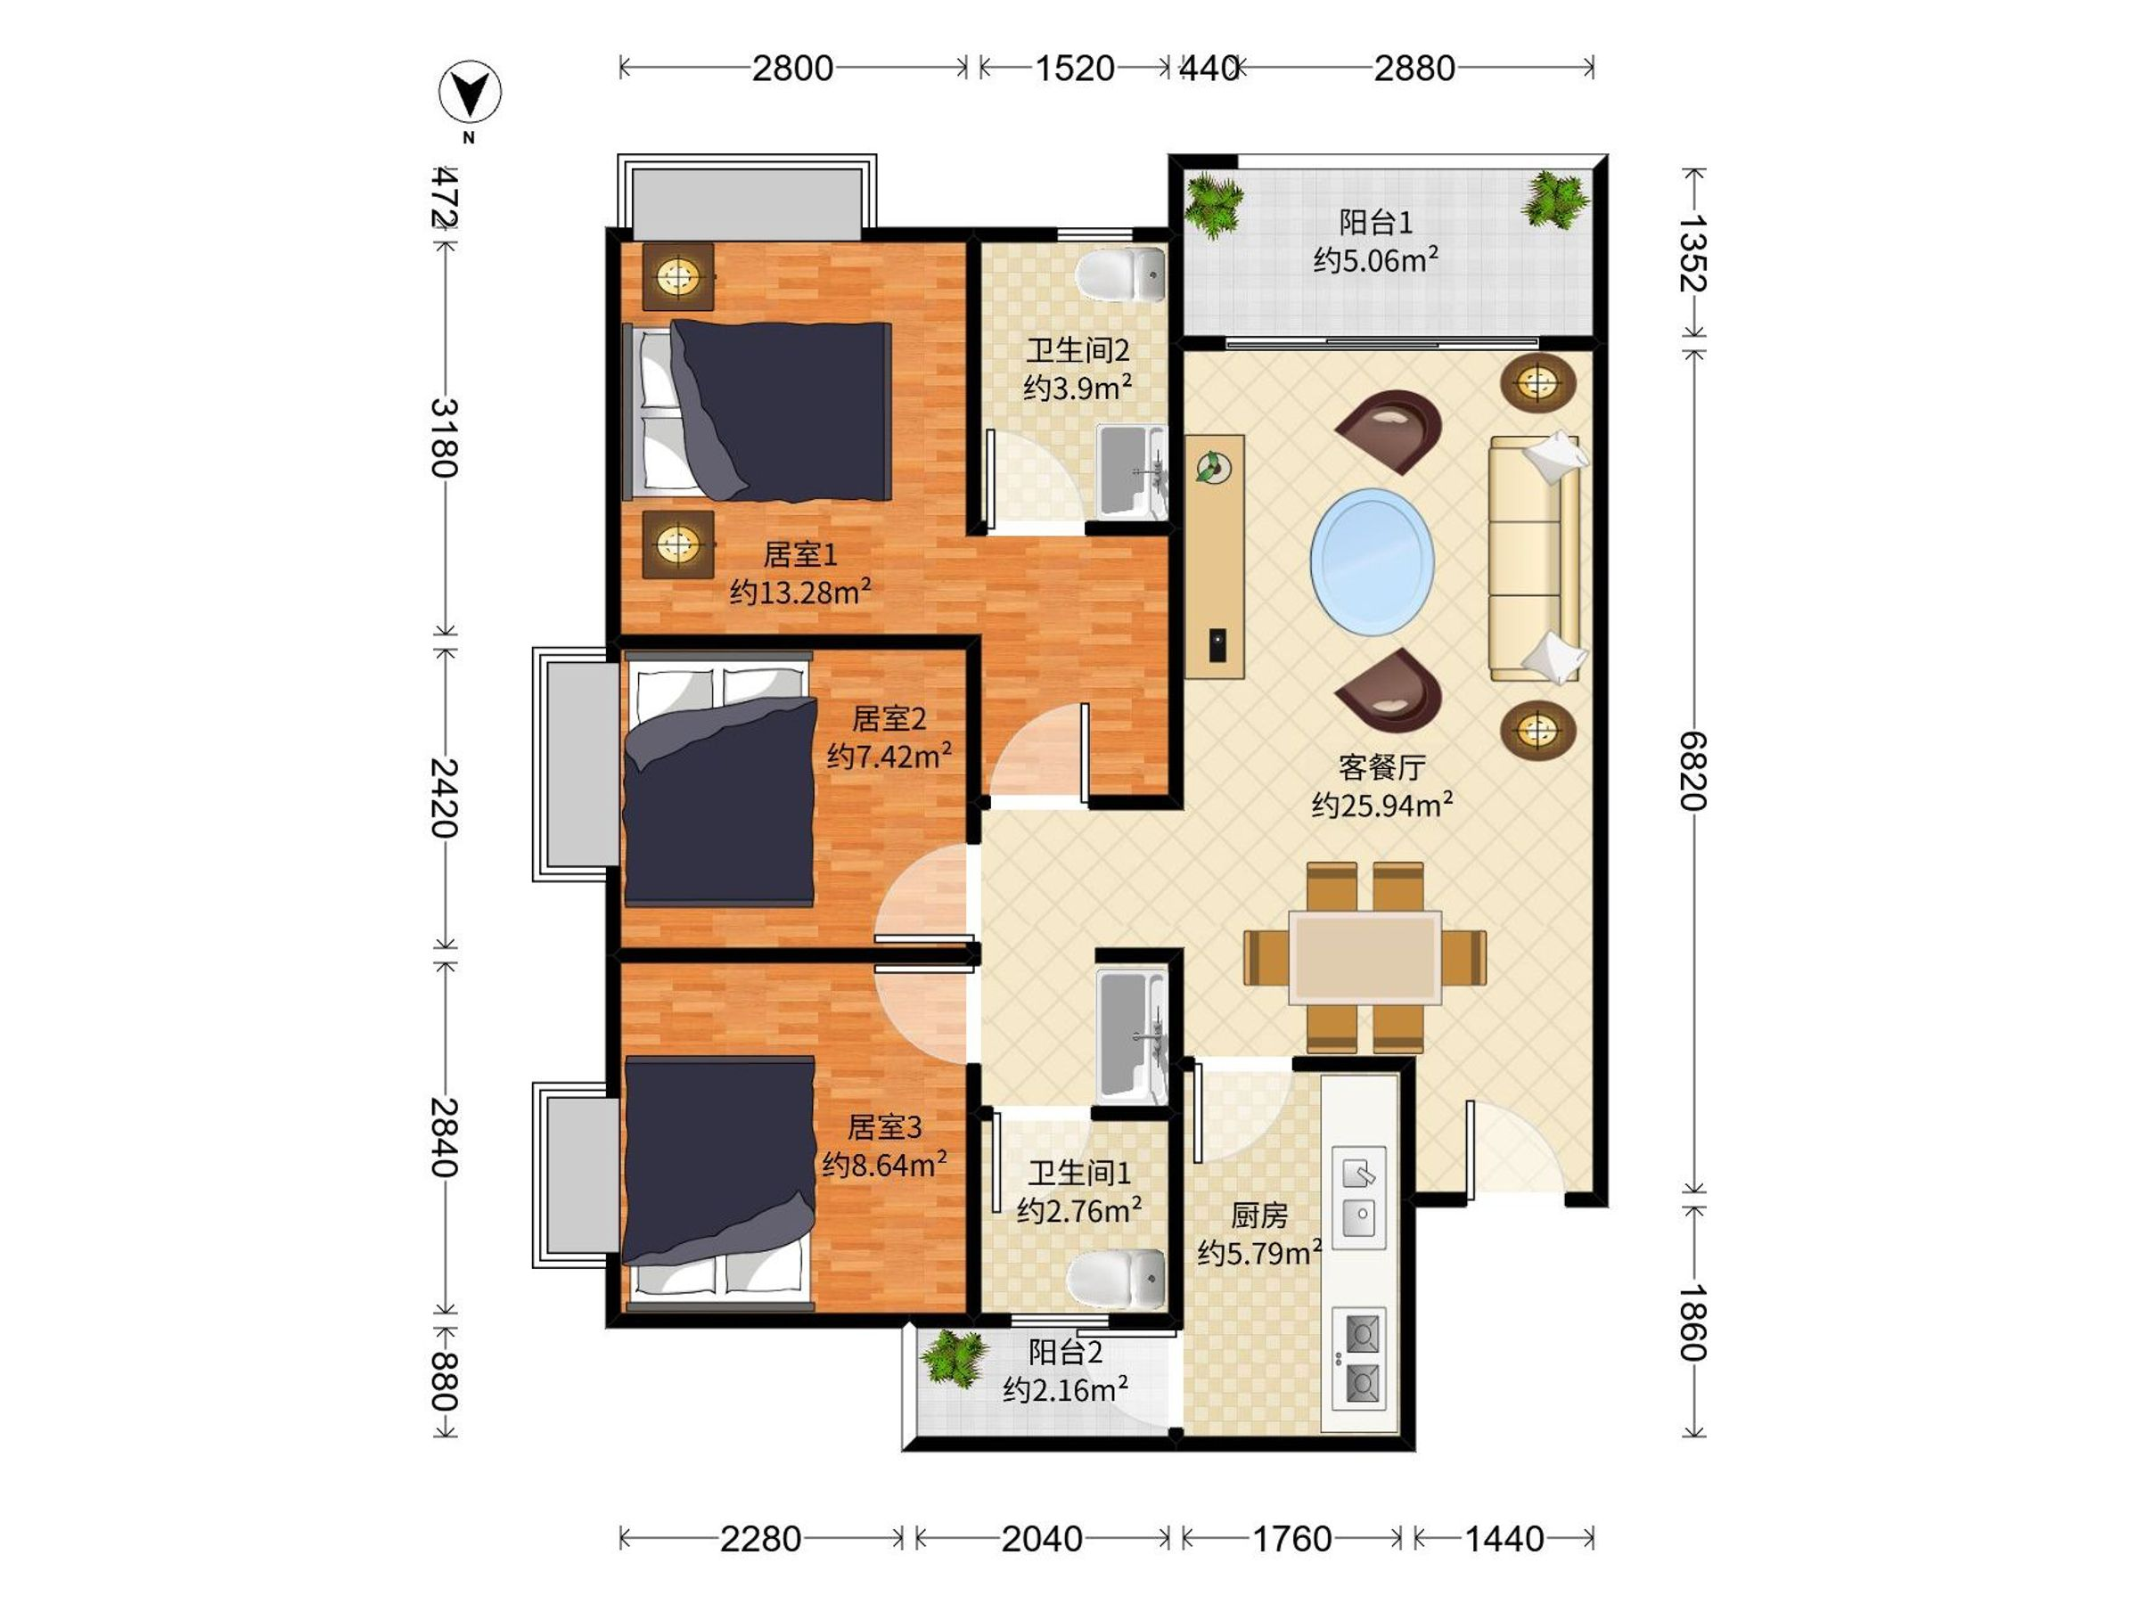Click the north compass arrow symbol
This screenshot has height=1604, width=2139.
tap(470, 94)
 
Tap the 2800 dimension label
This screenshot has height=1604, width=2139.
tap(793, 69)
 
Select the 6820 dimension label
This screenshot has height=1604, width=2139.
tap(1692, 771)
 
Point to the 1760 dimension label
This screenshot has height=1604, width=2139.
tap(1292, 1538)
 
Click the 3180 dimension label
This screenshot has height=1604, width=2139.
tap(444, 438)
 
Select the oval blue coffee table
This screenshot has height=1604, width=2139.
tap(1373, 561)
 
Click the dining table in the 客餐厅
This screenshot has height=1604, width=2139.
tap(1365, 957)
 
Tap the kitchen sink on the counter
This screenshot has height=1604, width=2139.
tap(1359, 1196)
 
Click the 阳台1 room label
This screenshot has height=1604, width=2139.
tap(1375, 223)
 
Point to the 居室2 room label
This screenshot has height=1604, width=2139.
tap(889, 718)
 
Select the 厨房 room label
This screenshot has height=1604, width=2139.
tap(1259, 1215)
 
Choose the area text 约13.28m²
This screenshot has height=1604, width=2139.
tap(800, 591)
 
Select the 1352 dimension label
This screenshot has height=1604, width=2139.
tap(1692, 253)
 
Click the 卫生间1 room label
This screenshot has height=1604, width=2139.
tap(1079, 1173)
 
